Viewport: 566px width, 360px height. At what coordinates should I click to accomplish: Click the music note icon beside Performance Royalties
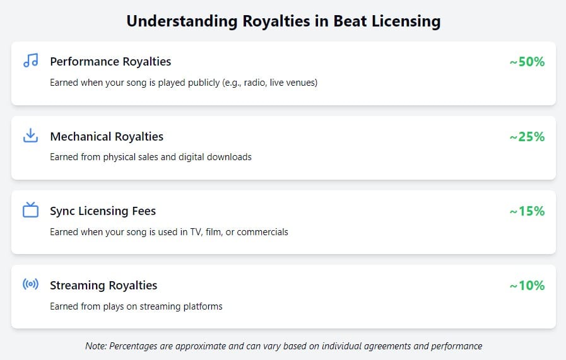30,61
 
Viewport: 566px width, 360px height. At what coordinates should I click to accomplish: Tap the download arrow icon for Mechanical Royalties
30,136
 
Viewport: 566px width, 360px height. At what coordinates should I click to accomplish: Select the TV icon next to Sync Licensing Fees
30,210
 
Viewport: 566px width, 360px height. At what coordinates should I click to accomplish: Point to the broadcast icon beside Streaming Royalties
30,284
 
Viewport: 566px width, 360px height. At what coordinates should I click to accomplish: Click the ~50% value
527,62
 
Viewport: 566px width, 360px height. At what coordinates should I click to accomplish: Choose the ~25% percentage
527,136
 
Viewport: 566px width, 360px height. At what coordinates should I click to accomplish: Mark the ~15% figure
527,211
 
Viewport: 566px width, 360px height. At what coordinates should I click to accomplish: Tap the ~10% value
527,285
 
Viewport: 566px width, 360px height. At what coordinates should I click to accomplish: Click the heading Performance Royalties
110,62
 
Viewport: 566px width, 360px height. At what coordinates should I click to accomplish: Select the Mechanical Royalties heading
107,136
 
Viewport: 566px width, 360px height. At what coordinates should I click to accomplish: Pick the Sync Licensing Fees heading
103,211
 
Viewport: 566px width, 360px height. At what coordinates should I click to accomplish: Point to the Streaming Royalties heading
103,285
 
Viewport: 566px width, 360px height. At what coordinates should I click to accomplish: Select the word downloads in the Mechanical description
230,157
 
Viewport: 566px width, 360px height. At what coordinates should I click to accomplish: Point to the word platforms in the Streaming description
203,306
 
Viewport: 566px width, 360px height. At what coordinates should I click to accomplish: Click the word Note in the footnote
95,346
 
